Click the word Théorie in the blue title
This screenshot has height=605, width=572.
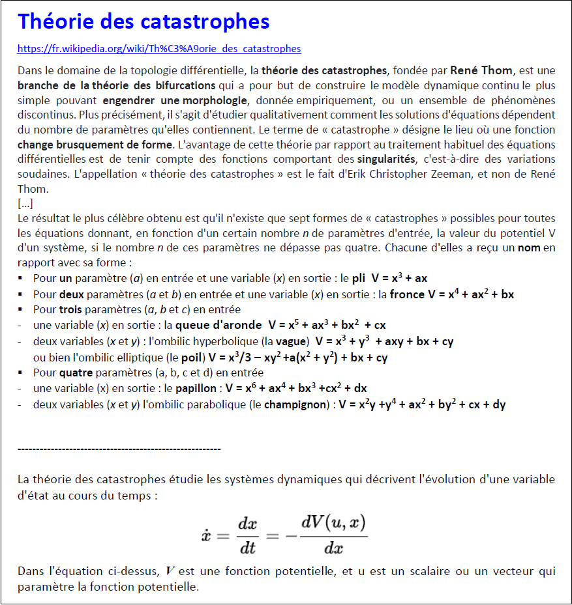[56, 21]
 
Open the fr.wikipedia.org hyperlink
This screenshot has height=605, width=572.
[159, 49]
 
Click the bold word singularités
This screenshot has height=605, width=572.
[385, 159]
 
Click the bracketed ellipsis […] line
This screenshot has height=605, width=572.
[26, 203]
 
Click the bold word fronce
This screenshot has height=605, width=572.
[407, 294]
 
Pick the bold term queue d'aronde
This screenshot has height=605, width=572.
[218, 325]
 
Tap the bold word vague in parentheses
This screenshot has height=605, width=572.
[290, 341]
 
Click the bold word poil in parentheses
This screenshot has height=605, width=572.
[190, 358]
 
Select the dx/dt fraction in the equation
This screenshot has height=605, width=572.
[248, 536]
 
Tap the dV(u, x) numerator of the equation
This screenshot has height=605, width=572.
[334, 522]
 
